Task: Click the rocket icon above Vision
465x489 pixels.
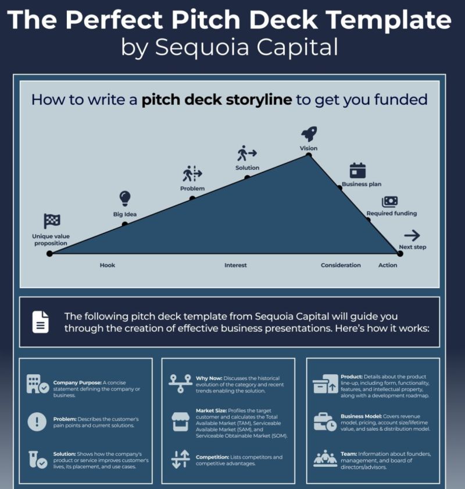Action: pyautogui.click(x=309, y=133)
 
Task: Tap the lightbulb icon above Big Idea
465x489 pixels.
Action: pyautogui.click(x=125, y=199)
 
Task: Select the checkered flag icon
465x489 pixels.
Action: pyautogui.click(x=52, y=221)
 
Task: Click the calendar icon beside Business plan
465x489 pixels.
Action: pyautogui.click(x=357, y=170)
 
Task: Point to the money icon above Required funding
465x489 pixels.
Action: pyautogui.click(x=390, y=201)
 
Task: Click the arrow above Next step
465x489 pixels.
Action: pyautogui.click(x=412, y=235)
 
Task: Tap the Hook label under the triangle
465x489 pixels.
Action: pyautogui.click(x=108, y=265)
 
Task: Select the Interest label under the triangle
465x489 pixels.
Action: pyautogui.click(x=235, y=265)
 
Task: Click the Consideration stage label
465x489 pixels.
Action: pyautogui.click(x=341, y=265)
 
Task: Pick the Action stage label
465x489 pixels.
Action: pyautogui.click(x=388, y=265)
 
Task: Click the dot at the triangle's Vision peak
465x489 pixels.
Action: pyautogui.click(x=309, y=155)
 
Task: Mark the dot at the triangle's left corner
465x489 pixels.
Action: pyautogui.click(x=49, y=254)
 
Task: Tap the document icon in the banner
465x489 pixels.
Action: pyautogui.click(x=41, y=322)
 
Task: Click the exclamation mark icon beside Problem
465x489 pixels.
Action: pyautogui.click(x=37, y=421)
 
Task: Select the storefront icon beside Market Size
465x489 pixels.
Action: pyautogui.click(x=181, y=421)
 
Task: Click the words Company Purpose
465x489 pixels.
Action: pyautogui.click(x=77, y=382)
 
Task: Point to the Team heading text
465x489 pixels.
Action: pyautogui.click(x=349, y=454)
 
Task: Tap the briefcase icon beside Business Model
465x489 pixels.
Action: pyautogui.click(x=325, y=422)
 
